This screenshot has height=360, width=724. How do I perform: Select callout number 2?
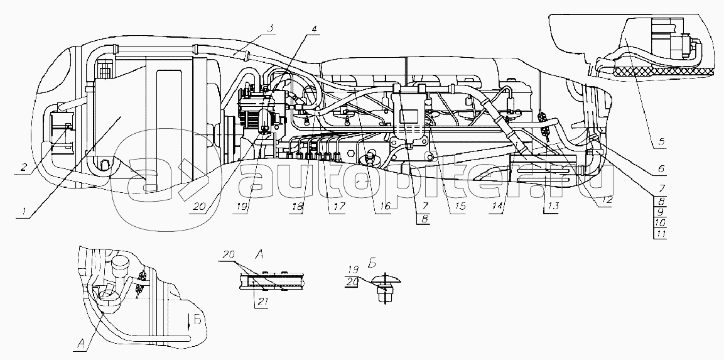[x=24, y=167]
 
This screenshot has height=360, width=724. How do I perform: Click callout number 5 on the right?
[x=662, y=142]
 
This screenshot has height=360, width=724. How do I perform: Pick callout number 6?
[x=661, y=169]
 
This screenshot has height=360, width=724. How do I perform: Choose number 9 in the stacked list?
[x=661, y=212]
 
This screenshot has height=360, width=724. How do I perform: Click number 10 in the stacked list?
[x=661, y=223]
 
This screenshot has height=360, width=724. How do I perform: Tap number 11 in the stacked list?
[x=661, y=234]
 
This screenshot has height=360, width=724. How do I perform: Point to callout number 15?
[x=460, y=206]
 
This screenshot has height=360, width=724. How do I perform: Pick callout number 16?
[x=385, y=206]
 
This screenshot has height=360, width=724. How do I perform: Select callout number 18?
[x=297, y=207]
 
